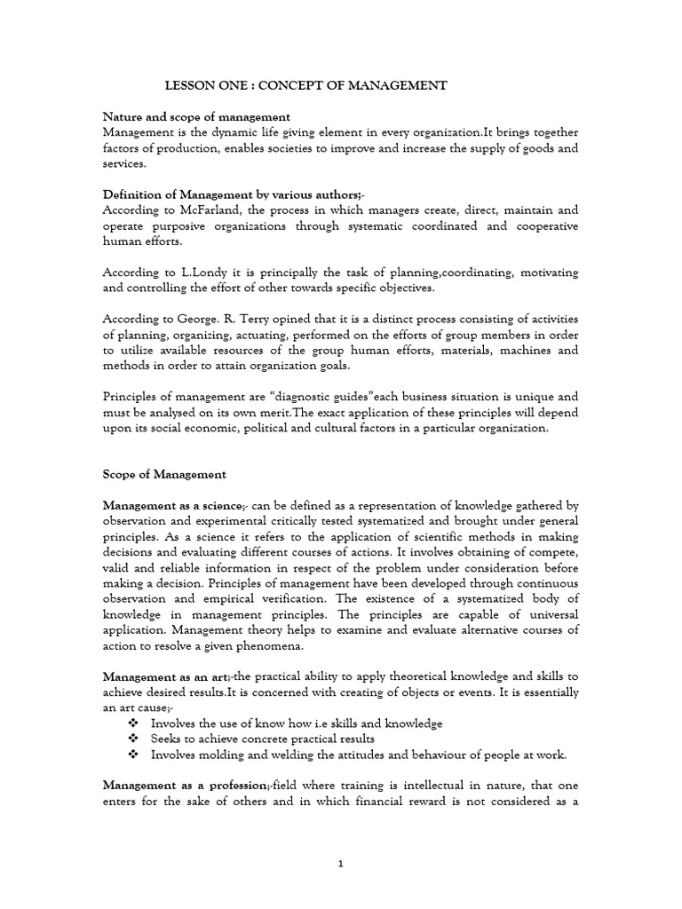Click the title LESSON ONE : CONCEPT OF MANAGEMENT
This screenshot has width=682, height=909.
pyautogui.click(x=307, y=85)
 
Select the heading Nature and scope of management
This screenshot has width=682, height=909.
pyautogui.click(x=196, y=116)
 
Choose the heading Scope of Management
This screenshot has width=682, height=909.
pyautogui.click(x=164, y=475)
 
